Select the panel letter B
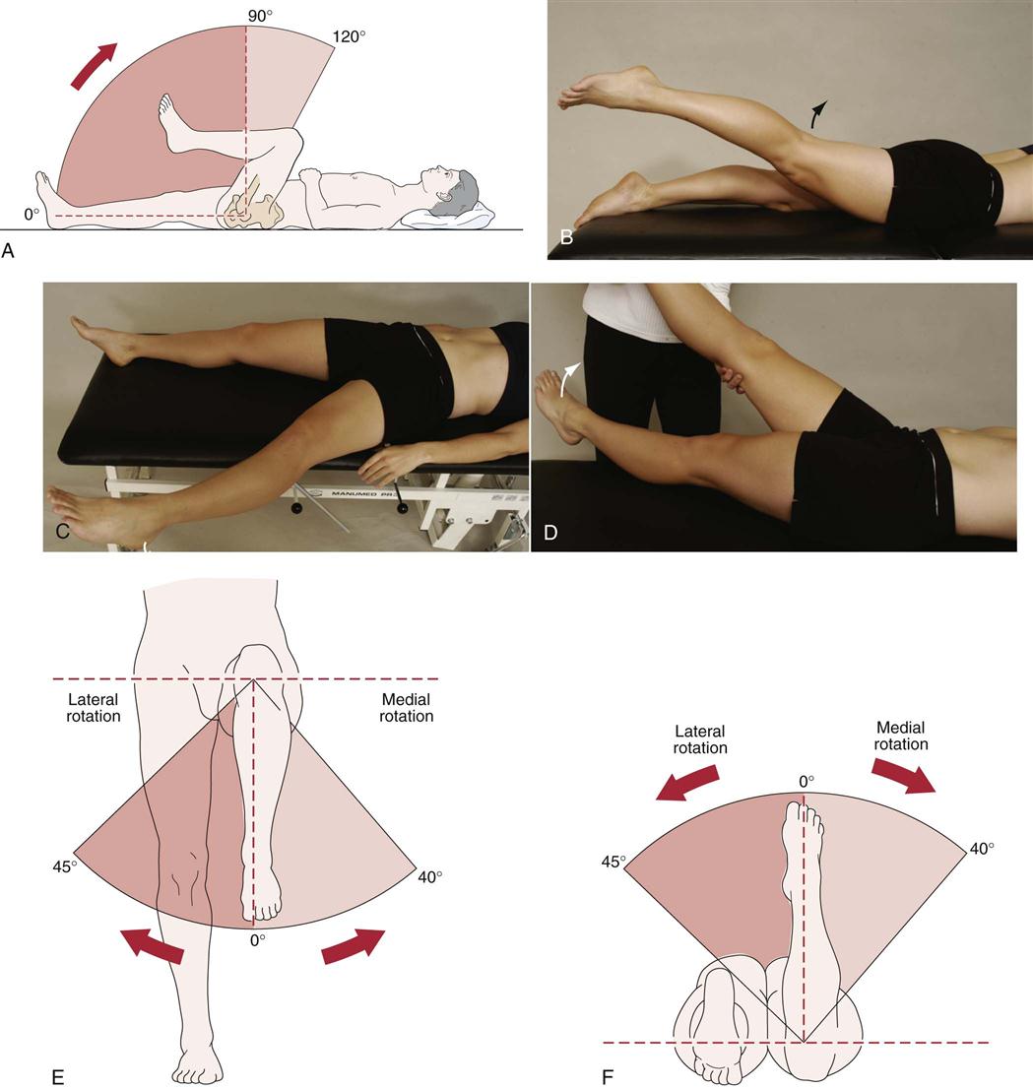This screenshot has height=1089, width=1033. coord(566,237)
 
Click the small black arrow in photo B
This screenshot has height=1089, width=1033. coord(816,114)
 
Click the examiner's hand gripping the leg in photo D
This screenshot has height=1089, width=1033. coord(731,379)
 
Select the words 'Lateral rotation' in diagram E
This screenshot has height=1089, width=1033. coord(94,708)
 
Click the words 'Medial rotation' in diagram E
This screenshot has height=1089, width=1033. coord(406,708)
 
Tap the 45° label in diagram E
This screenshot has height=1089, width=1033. coord(65,867)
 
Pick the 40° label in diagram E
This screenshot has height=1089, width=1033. coord(431,875)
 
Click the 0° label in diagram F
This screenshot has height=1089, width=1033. coord(807,781)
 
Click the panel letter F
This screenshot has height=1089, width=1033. coord(608,1076)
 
